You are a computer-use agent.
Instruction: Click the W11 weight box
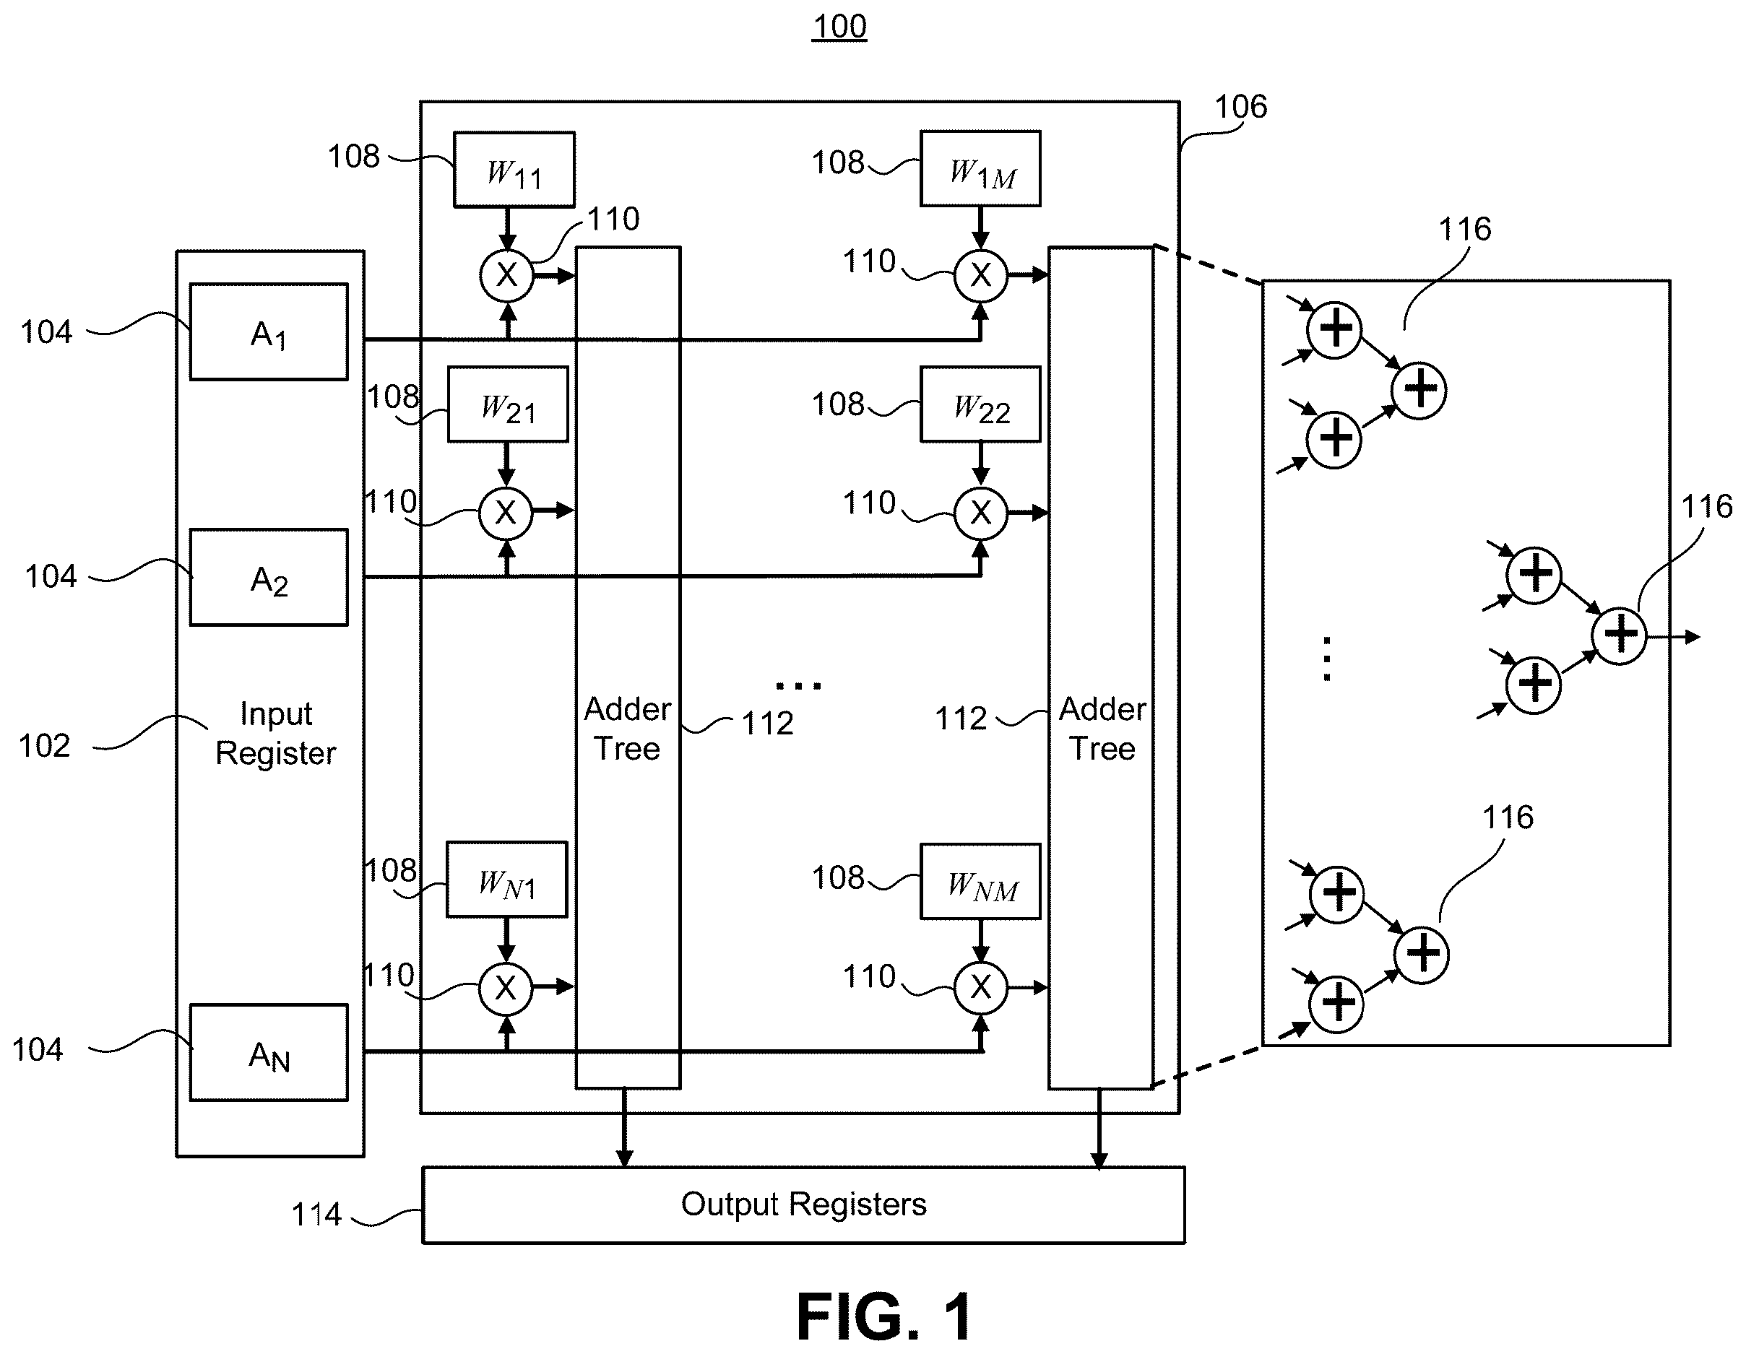pyautogui.click(x=514, y=170)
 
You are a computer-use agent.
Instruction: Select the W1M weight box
pyautogui.click(x=980, y=169)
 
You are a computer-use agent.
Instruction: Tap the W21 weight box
pyautogui.click(x=508, y=404)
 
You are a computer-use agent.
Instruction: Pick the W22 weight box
pyautogui.click(x=980, y=404)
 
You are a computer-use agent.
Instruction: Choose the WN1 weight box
pyautogui.click(x=506, y=880)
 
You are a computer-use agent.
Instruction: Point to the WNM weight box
pyautogui.click(x=980, y=881)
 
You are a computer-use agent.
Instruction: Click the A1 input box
pyautogui.click(x=269, y=331)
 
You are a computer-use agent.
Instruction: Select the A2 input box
pyautogui.click(x=269, y=577)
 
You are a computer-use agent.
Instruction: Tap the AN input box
pyautogui.click(x=269, y=1053)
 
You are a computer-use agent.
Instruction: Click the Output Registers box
pyautogui.click(x=803, y=1205)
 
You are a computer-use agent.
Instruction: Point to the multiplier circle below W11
pyautogui.click(x=507, y=275)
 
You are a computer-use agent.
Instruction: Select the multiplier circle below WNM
pyautogui.click(x=981, y=988)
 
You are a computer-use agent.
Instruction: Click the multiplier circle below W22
pyautogui.click(x=981, y=512)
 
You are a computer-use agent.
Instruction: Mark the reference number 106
pyautogui.click(x=1241, y=106)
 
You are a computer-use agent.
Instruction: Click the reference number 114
pyautogui.click(x=316, y=1214)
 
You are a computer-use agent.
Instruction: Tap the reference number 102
pyautogui.click(x=45, y=746)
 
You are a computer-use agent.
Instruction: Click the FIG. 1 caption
pyautogui.click(x=884, y=1316)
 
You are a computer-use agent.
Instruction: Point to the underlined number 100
pyautogui.click(x=839, y=27)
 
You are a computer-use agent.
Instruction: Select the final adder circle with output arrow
pyautogui.click(x=1619, y=635)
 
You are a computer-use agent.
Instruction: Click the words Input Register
pyautogui.click(x=276, y=733)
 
